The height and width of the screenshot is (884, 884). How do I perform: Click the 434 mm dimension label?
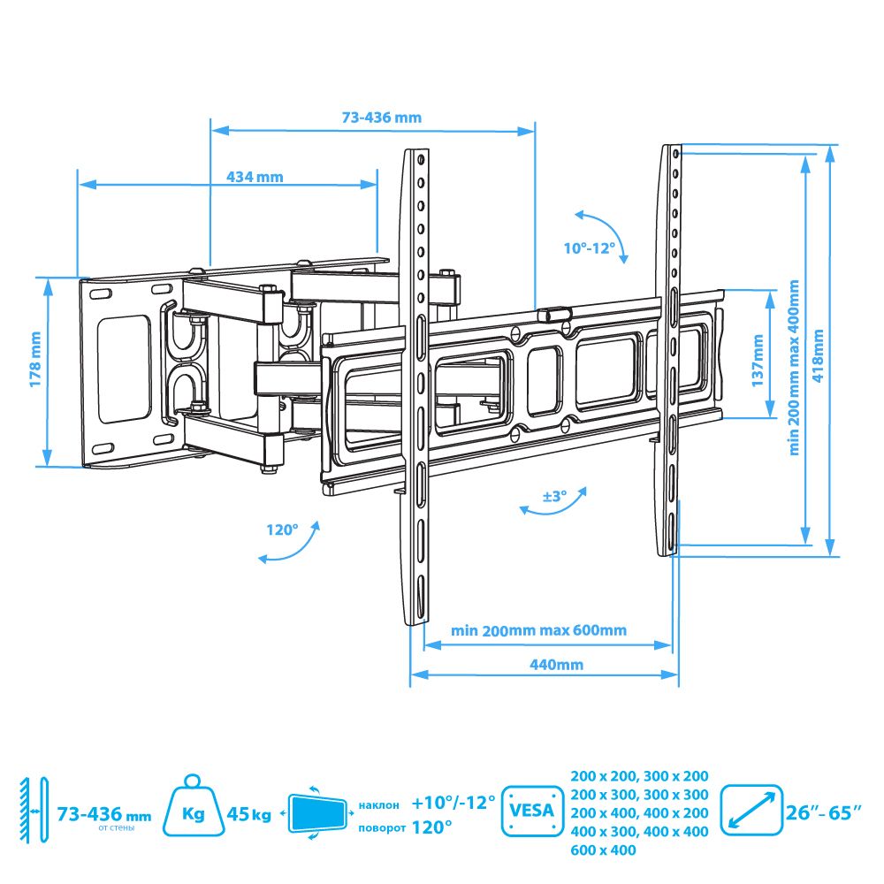click(x=255, y=177)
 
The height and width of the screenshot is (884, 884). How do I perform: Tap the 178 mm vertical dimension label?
click(x=35, y=360)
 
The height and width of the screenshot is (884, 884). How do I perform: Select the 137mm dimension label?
click(x=758, y=361)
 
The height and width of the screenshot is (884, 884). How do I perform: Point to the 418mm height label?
click(x=818, y=355)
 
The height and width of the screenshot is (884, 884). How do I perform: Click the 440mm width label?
click(x=556, y=665)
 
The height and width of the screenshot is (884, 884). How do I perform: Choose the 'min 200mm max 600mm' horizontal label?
click(x=538, y=630)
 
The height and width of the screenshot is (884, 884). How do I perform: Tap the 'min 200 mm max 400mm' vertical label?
click(x=795, y=368)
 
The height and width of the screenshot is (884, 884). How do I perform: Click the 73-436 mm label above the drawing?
click(x=382, y=118)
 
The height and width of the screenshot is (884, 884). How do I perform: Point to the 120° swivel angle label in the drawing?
click(x=283, y=530)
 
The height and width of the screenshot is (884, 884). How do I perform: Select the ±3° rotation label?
click(x=555, y=496)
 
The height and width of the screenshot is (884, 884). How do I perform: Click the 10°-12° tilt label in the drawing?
click(x=590, y=248)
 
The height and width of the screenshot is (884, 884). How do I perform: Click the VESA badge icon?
click(x=532, y=811)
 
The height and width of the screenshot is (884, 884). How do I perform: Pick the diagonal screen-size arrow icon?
click(x=751, y=811)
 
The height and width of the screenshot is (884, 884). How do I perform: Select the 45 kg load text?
click(x=248, y=814)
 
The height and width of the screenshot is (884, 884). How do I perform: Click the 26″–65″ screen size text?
click(x=824, y=812)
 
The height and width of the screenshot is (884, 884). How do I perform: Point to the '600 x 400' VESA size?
click(x=603, y=850)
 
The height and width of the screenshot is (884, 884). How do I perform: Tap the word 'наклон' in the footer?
click(x=379, y=805)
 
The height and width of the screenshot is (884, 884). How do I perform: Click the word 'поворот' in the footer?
click(x=382, y=828)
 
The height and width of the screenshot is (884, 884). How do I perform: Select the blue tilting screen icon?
click(x=316, y=813)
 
